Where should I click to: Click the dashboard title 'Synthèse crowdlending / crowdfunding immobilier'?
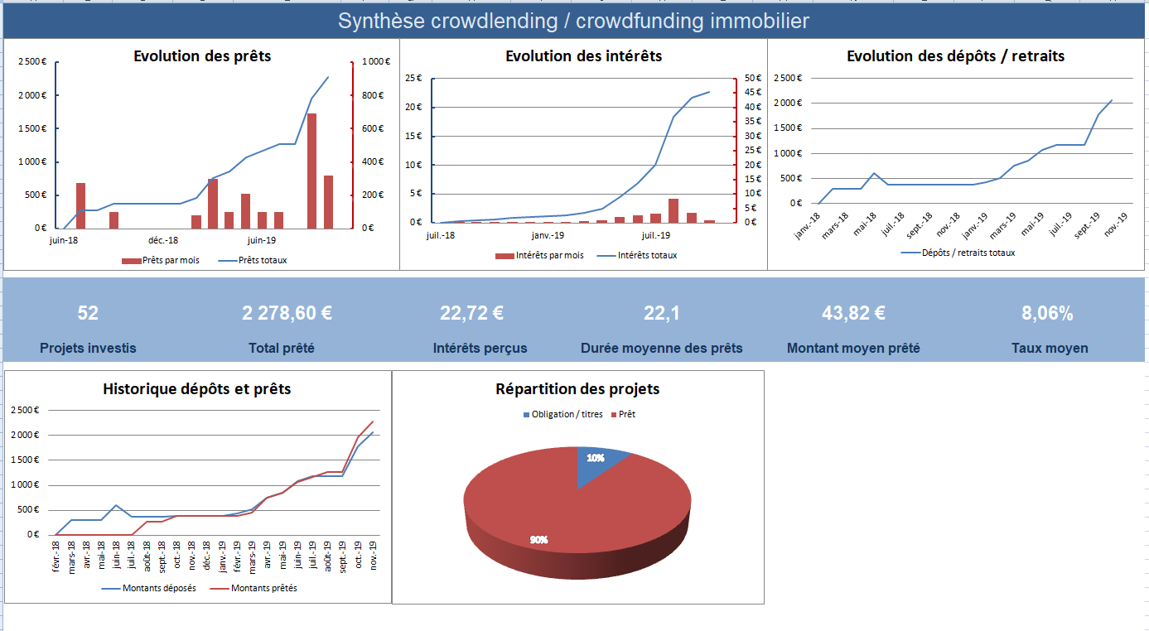[x=573, y=22]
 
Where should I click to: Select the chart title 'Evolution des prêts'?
[x=202, y=56]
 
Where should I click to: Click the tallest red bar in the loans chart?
[x=311, y=171]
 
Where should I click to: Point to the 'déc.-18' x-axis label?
[x=163, y=240]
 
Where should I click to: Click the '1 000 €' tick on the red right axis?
[x=370, y=62]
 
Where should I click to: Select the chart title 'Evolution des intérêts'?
[x=583, y=56]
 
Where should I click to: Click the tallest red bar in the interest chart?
[x=673, y=211]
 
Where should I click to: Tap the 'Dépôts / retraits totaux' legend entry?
[x=968, y=253]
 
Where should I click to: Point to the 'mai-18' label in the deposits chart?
[x=865, y=224]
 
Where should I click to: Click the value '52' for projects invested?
[x=88, y=314]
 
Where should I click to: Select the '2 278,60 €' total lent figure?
[x=287, y=314]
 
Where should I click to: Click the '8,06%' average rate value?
[x=1047, y=314]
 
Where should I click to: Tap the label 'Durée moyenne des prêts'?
[x=661, y=348]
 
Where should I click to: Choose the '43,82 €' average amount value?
[x=853, y=314]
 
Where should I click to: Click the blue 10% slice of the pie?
[x=600, y=460]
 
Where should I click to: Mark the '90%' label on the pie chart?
[x=538, y=540]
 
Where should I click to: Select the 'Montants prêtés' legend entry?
[x=263, y=588]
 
